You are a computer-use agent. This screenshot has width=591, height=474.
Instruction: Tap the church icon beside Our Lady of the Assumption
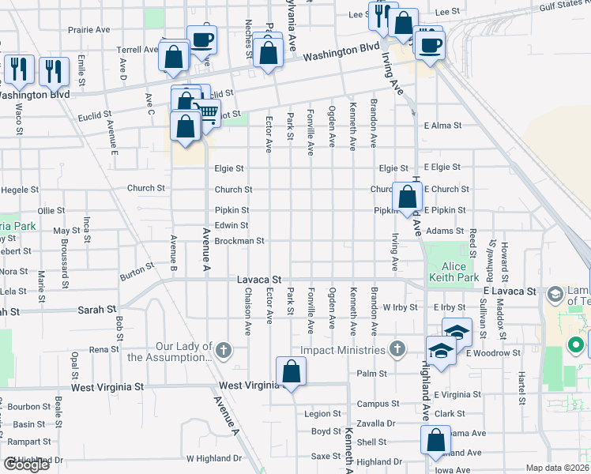(x=224, y=351)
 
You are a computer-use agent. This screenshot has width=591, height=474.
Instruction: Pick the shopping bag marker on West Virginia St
(x=291, y=371)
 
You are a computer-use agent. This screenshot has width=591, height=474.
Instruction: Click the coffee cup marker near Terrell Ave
(x=201, y=39)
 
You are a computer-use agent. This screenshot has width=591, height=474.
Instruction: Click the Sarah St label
(x=97, y=309)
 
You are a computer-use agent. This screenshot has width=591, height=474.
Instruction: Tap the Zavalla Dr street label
(x=375, y=423)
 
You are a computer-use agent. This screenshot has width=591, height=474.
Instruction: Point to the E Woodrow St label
(x=493, y=353)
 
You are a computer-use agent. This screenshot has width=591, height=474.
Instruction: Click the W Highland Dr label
(x=213, y=458)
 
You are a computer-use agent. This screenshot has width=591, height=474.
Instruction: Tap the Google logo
(x=27, y=464)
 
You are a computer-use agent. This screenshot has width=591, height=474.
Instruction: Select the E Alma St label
(x=442, y=126)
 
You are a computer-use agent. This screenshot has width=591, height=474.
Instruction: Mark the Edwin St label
(x=232, y=226)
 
